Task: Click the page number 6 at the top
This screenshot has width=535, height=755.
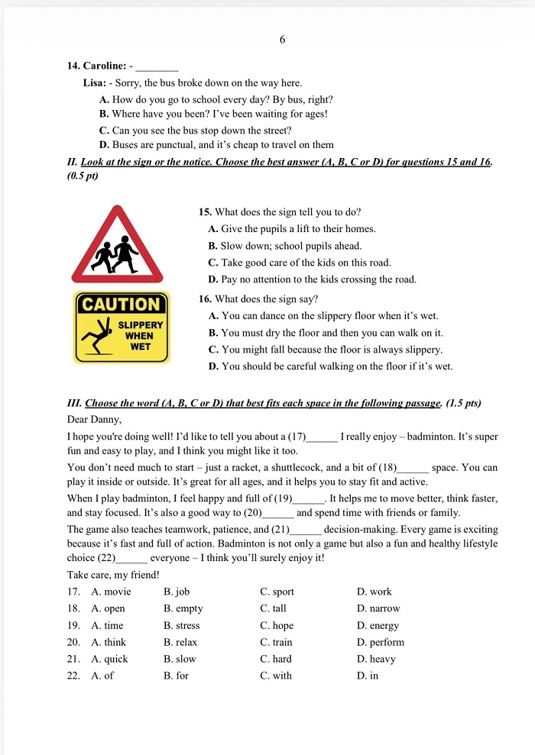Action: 282,40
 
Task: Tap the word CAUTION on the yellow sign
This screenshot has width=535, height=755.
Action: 122,304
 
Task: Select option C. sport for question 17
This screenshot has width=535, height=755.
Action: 277,592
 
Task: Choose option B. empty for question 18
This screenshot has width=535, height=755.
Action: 183,608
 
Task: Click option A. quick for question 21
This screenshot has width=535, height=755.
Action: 109,659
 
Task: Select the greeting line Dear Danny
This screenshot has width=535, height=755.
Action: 94,419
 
